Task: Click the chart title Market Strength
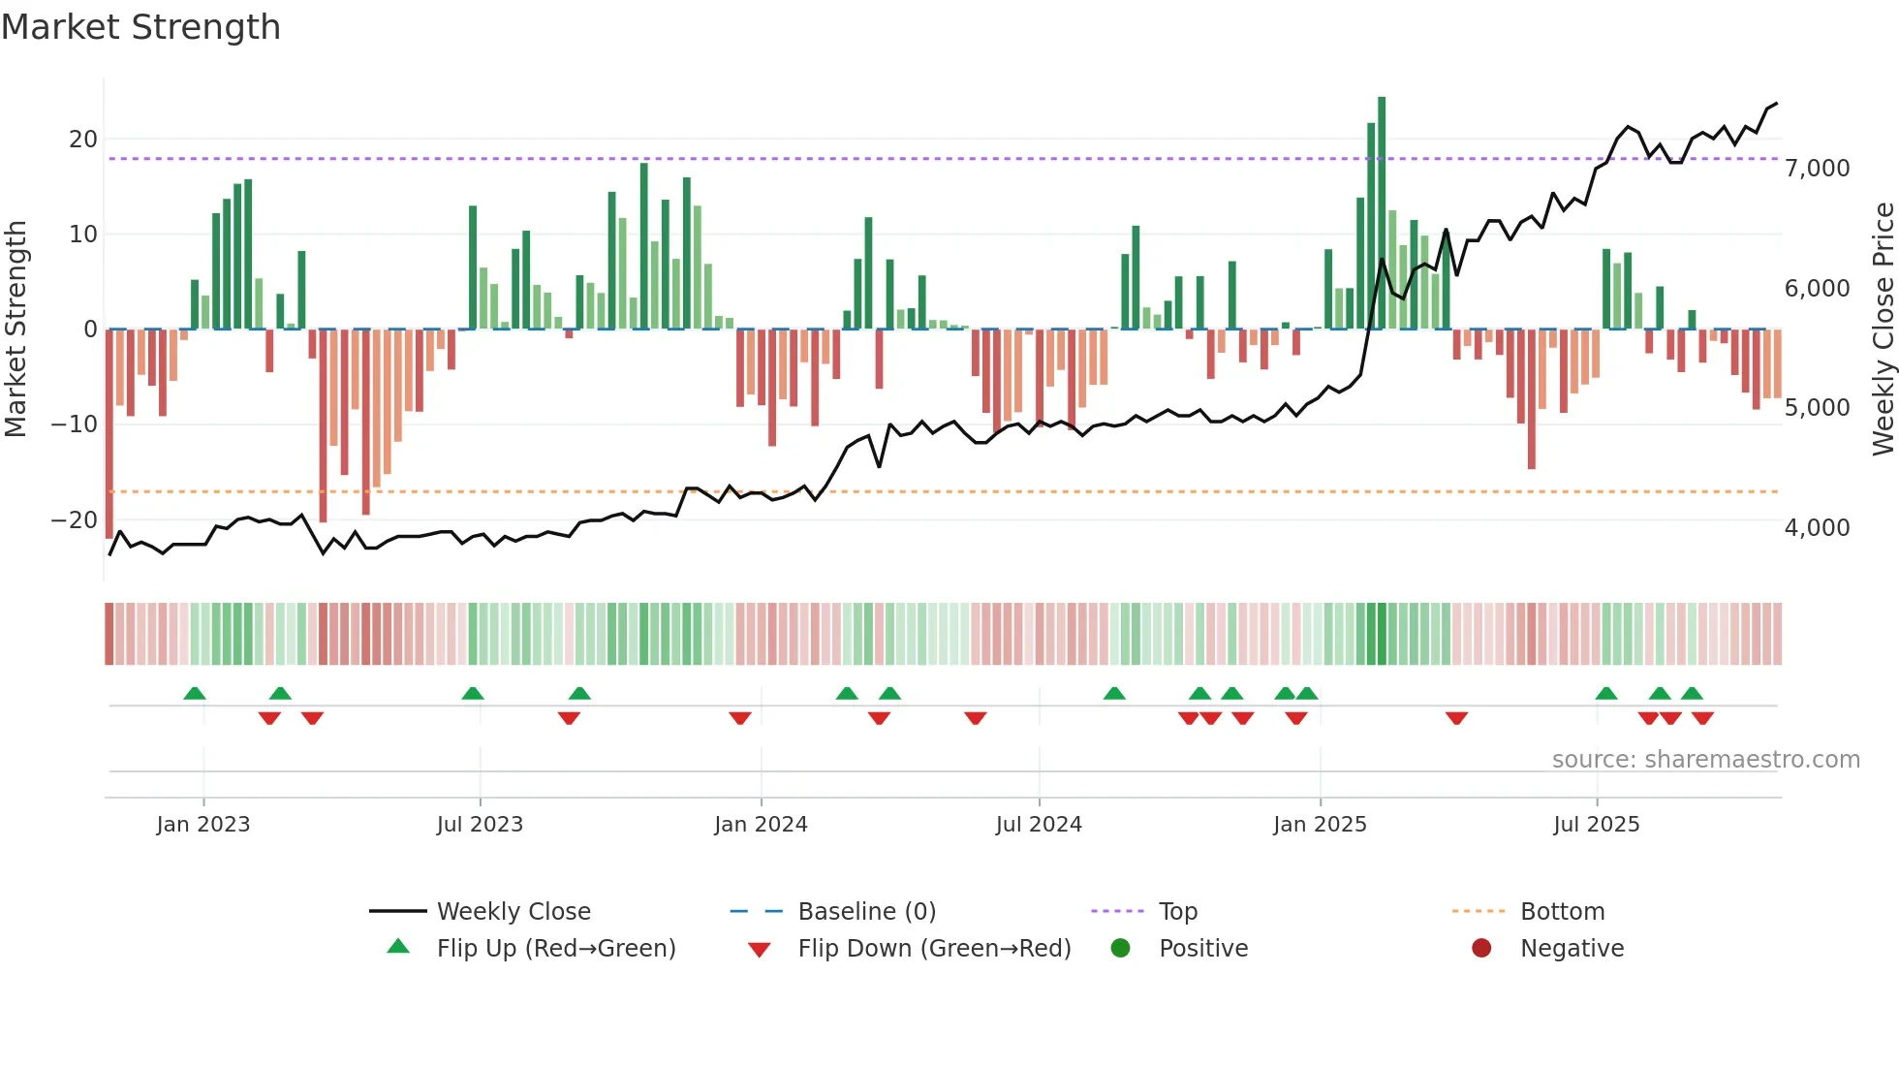pos(140,27)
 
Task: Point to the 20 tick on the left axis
pos(83,140)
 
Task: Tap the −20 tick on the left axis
pos(75,520)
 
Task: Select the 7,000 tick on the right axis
pos(1817,169)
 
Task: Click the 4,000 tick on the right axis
pos(1817,528)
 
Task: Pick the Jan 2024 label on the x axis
pos(761,825)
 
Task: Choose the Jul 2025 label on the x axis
pos(1596,825)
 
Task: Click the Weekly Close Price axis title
pos(1883,330)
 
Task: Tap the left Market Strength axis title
pos(16,330)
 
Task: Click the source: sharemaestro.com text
pos(1705,760)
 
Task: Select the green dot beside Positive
pos(1120,949)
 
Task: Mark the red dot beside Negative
pos(1480,949)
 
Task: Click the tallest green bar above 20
pos(1382,213)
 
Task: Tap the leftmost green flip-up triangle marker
pos(195,693)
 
